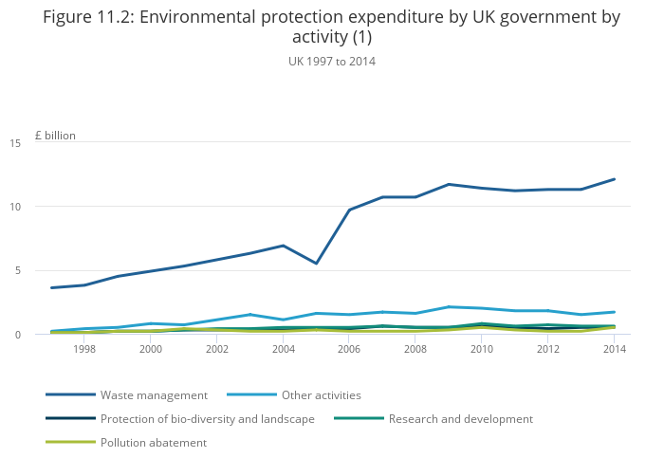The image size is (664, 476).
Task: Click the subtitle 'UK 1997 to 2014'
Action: [331, 62]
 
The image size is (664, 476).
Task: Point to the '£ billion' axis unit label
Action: [55, 136]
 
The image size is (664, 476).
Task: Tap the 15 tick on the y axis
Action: [41, 143]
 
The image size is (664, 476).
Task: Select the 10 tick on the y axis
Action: [41, 207]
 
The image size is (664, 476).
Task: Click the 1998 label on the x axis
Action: [84, 349]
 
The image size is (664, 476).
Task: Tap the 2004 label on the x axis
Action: [284, 349]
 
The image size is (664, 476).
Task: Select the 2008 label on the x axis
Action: [416, 349]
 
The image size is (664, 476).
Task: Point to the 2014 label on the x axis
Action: [615, 349]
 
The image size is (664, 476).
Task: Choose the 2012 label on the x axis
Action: [548, 349]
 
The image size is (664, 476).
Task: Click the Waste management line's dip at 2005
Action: [316, 264]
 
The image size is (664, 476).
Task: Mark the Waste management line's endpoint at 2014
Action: [615, 179]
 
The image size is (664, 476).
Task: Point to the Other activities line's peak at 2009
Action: [449, 307]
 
